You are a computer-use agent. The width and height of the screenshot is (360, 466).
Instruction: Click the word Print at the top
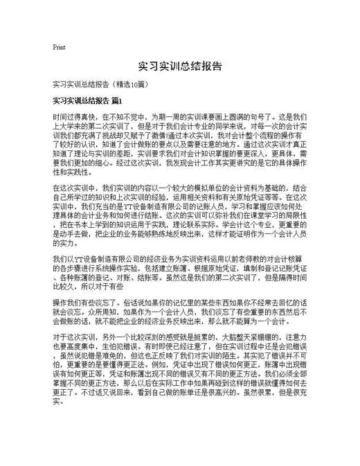tap(59, 47)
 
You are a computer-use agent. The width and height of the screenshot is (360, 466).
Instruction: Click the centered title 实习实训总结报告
tap(180, 66)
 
